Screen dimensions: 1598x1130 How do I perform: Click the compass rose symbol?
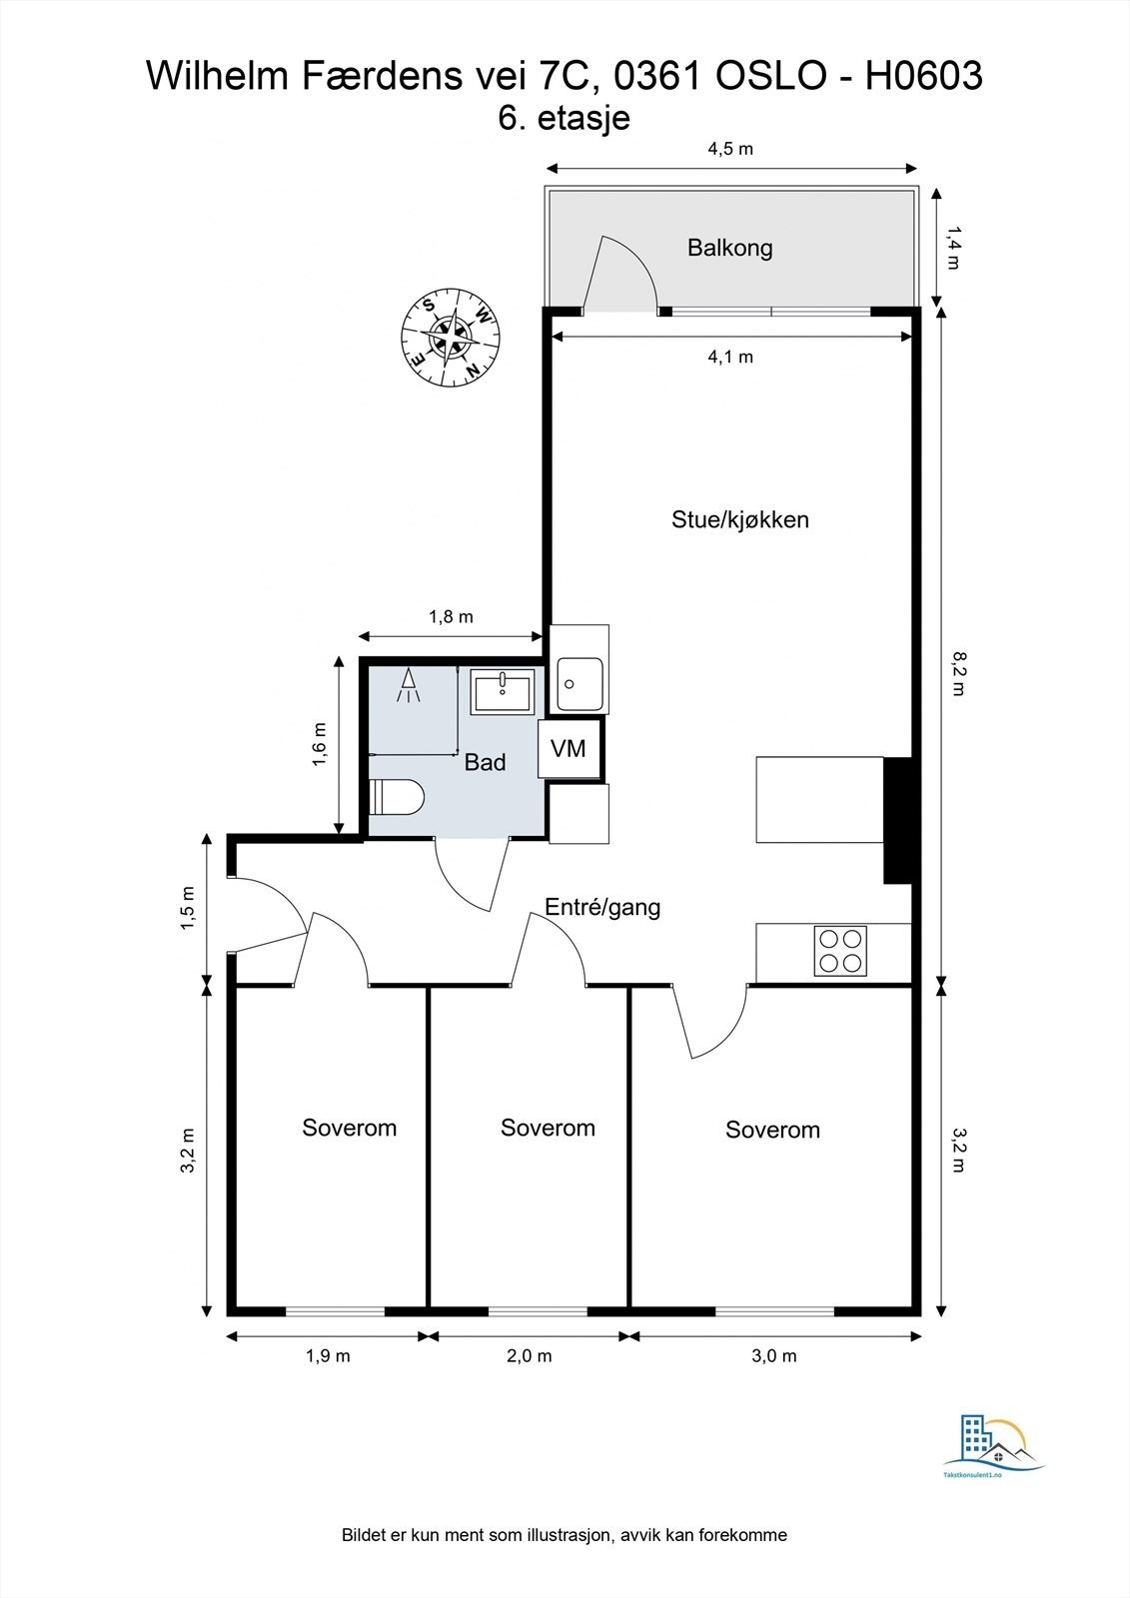click(450, 337)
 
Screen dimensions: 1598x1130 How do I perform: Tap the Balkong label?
click(729, 248)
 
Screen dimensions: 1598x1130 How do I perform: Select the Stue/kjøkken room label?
click(739, 519)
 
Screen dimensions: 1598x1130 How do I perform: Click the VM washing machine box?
click(568, 748)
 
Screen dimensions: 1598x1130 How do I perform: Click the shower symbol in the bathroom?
click(408, 686)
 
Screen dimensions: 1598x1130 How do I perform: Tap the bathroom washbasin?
click(503, 691)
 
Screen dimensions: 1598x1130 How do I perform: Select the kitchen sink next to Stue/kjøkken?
click(579, 684)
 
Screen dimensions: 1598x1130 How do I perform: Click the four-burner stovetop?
click(840, 951)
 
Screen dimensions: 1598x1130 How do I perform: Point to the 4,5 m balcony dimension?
click(729, 150)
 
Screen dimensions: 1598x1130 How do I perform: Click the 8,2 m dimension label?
click(956, 672)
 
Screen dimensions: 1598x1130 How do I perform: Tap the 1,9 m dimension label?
click(328, 1355)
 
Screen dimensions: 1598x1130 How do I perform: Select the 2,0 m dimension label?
click(529, 1355)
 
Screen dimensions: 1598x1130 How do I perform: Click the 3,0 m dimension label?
click(774, 1355)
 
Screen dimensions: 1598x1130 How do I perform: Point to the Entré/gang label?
click(602, 907)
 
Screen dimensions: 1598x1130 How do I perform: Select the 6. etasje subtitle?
click(564, 118)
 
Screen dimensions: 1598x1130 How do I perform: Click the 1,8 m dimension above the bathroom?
click(451, 617)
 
